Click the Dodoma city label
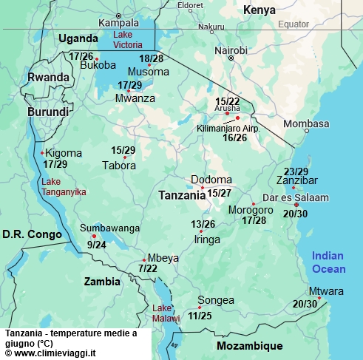pos(211,180)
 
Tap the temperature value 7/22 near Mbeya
pos(148,268)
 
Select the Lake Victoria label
pos(133,39)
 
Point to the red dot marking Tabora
pos(125,157)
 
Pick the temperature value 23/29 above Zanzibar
pos(296,171)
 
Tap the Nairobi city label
pos(231,50)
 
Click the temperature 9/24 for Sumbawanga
pos(96,245)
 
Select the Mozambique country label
pos(249,346)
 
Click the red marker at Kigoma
pos(42,153)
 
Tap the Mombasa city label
pos(305,123)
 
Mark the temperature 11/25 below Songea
pos(200,316)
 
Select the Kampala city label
pos(118,22)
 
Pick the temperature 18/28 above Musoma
pos(151,58)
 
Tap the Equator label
pos(293,24)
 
